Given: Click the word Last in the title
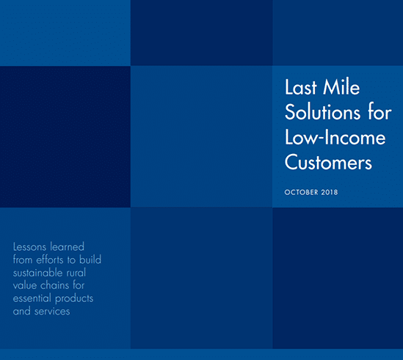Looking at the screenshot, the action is click(301, 87).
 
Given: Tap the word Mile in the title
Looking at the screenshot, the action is click(341, 87).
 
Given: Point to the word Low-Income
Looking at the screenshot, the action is click(335, 137).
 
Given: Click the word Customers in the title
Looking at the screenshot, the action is click(328, 163).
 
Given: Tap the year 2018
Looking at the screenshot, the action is click(330, 192).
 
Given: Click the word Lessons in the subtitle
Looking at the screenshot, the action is click(29, 247).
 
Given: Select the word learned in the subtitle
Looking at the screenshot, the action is click(67, 247).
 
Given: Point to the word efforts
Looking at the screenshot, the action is click(51, 260).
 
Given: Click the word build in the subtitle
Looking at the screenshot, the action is click(90, 260).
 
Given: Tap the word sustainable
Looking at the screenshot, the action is click(38, 273).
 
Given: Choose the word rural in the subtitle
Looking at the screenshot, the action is click(76, 273).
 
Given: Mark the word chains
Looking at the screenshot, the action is click(55, 285).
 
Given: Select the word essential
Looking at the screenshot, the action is click(32, 298).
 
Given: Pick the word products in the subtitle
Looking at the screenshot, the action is click(74, 299).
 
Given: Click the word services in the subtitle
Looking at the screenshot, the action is click(52, 312).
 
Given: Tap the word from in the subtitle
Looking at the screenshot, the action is click(23, 260).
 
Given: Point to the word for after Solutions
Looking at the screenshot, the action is click(380, 112).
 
